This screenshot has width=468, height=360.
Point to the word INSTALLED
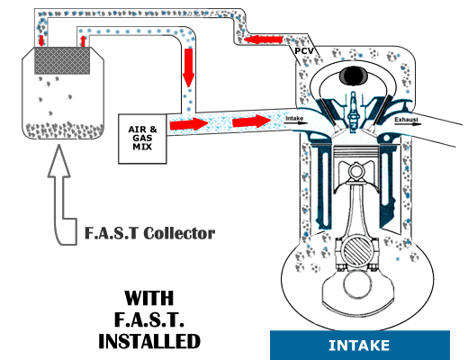[148, 342]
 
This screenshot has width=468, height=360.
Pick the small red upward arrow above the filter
[84, 41]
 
